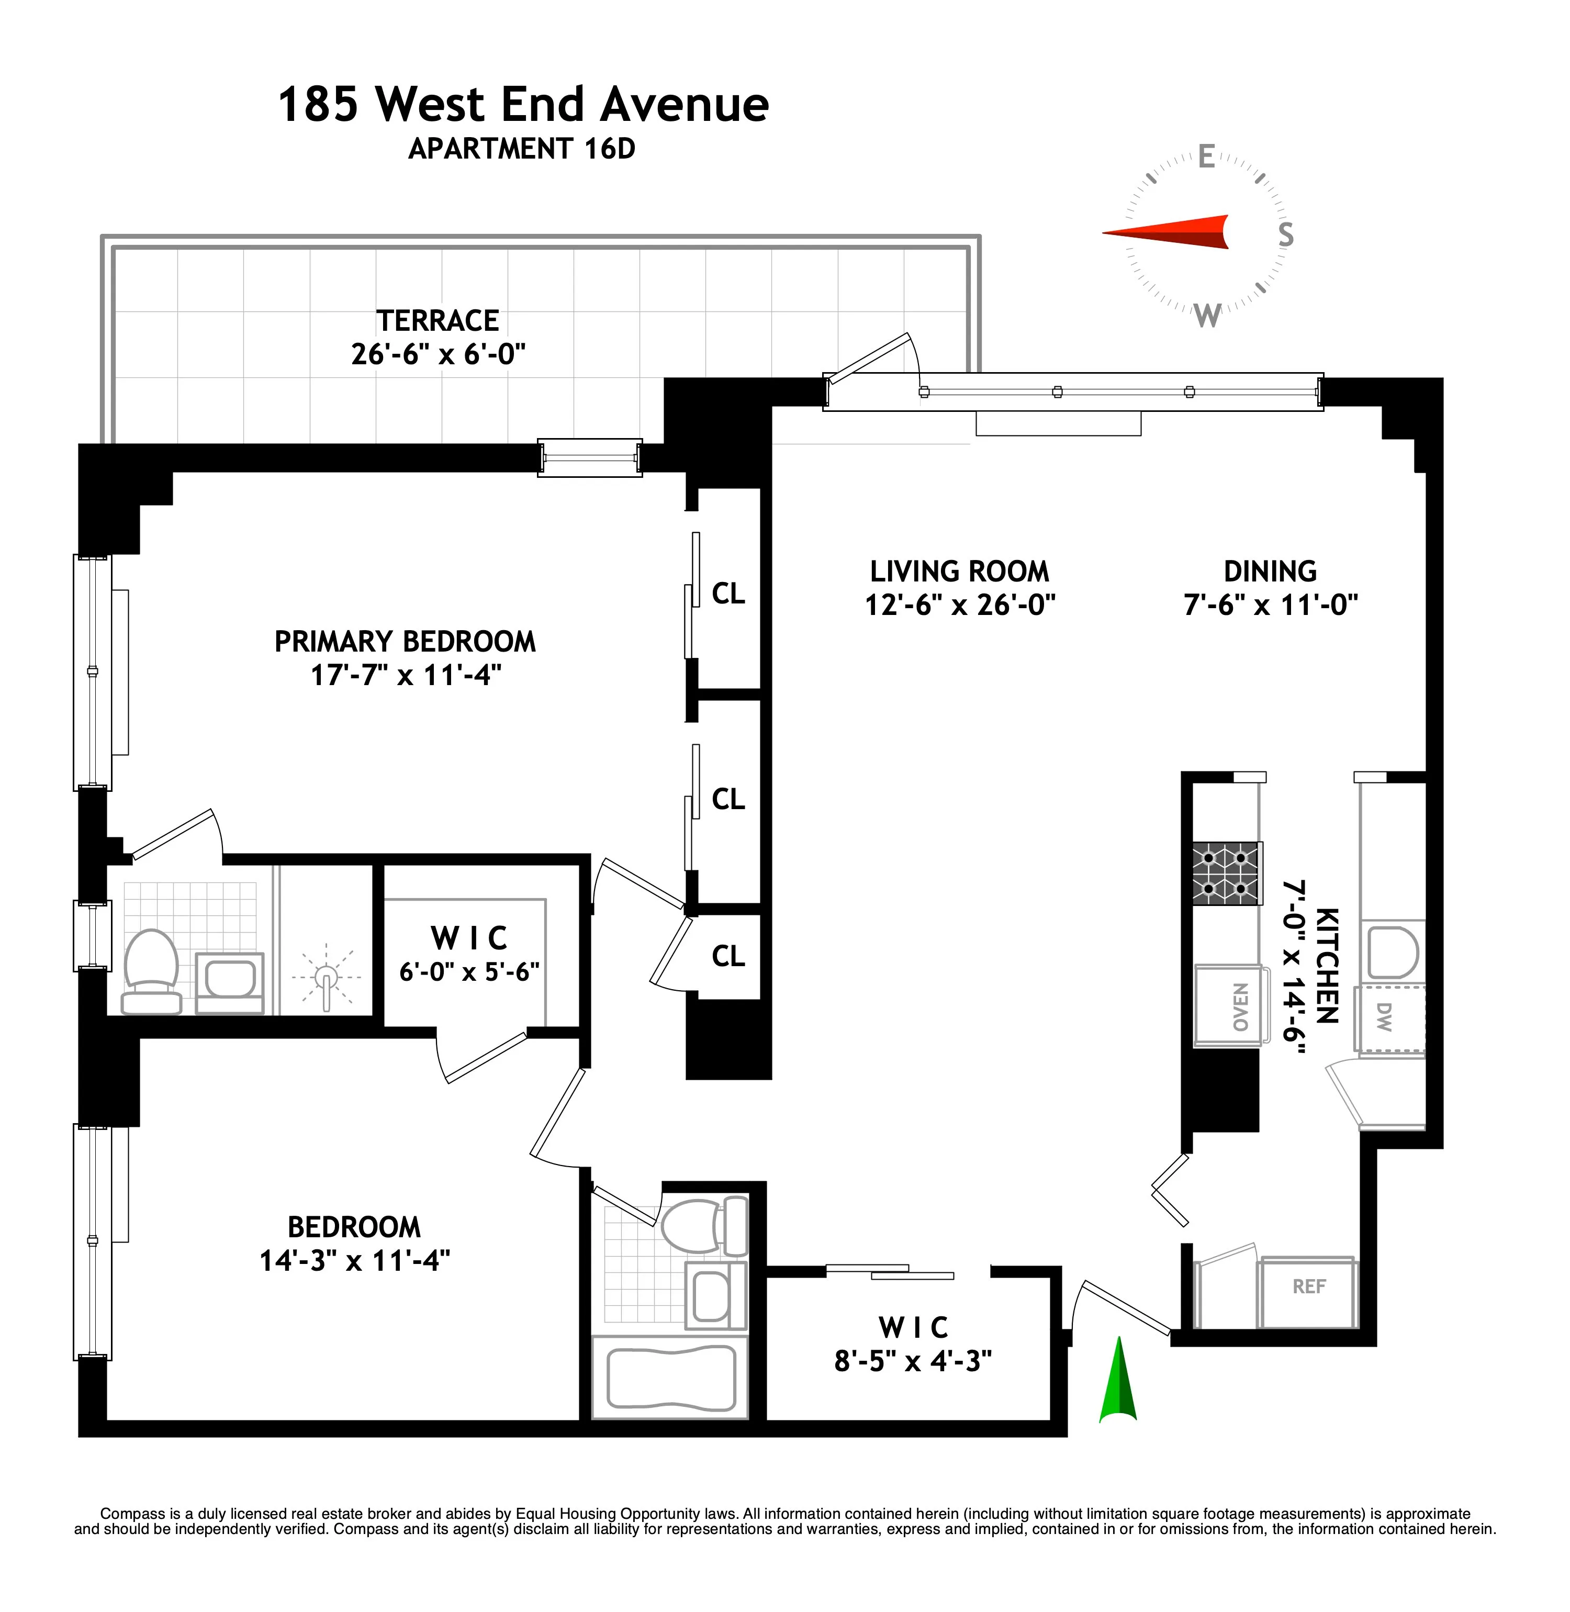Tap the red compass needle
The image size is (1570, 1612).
pyautogui.click(x=1171, y=232)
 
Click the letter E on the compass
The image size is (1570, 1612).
pyautogui.click(x=1206, y=156)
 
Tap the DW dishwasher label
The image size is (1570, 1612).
pyautogui.click(x=1384, y=1017)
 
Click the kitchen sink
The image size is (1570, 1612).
pyautogui.click(x=1393, y=953)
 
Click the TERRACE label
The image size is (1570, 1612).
pyautogui.click(x=438, y=320)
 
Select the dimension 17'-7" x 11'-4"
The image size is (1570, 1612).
pyautogui.click(x=406, y=675)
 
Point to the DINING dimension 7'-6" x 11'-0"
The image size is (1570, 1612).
pyautogui.click(x=1270, y=604)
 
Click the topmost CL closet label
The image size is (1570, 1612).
pyautogui.click(x=728, y=593)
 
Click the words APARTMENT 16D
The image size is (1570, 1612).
pyautogui.click(x=522, y=149)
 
